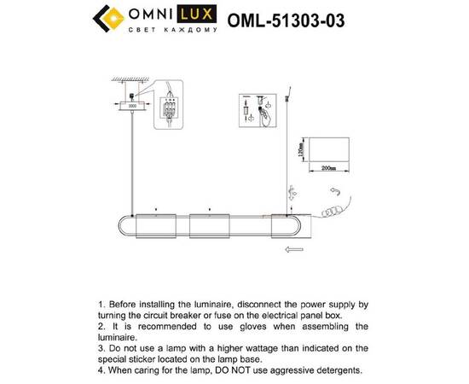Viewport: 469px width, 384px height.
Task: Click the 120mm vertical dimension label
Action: point(299,150)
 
